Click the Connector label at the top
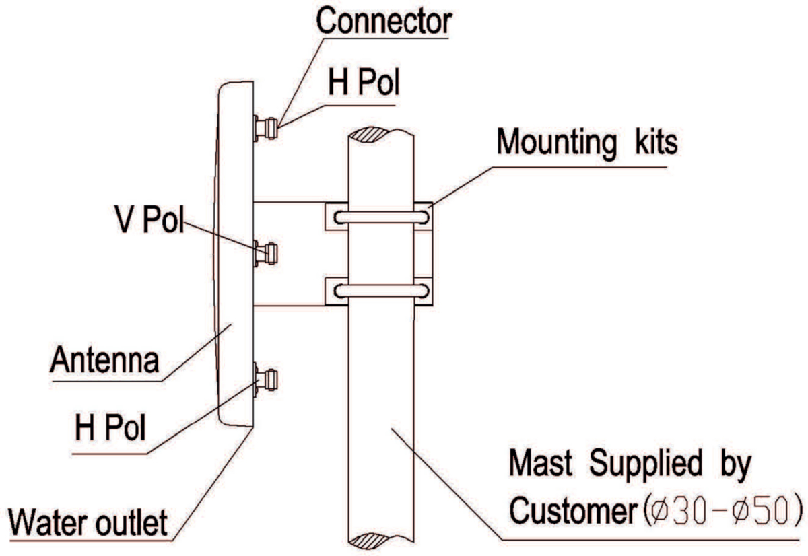[384, 21]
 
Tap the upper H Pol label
[364, 82]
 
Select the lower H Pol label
[110, 427]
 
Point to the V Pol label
[149, 219]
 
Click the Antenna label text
[104, 359]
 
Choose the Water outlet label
[88, 522]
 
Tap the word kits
[656, 142]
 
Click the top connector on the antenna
[266, 129]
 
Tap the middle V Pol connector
[266, 254]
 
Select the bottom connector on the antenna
[266, 380]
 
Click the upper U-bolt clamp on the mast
[381, 217]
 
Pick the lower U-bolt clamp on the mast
[381, 291]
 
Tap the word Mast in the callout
[540, 462]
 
